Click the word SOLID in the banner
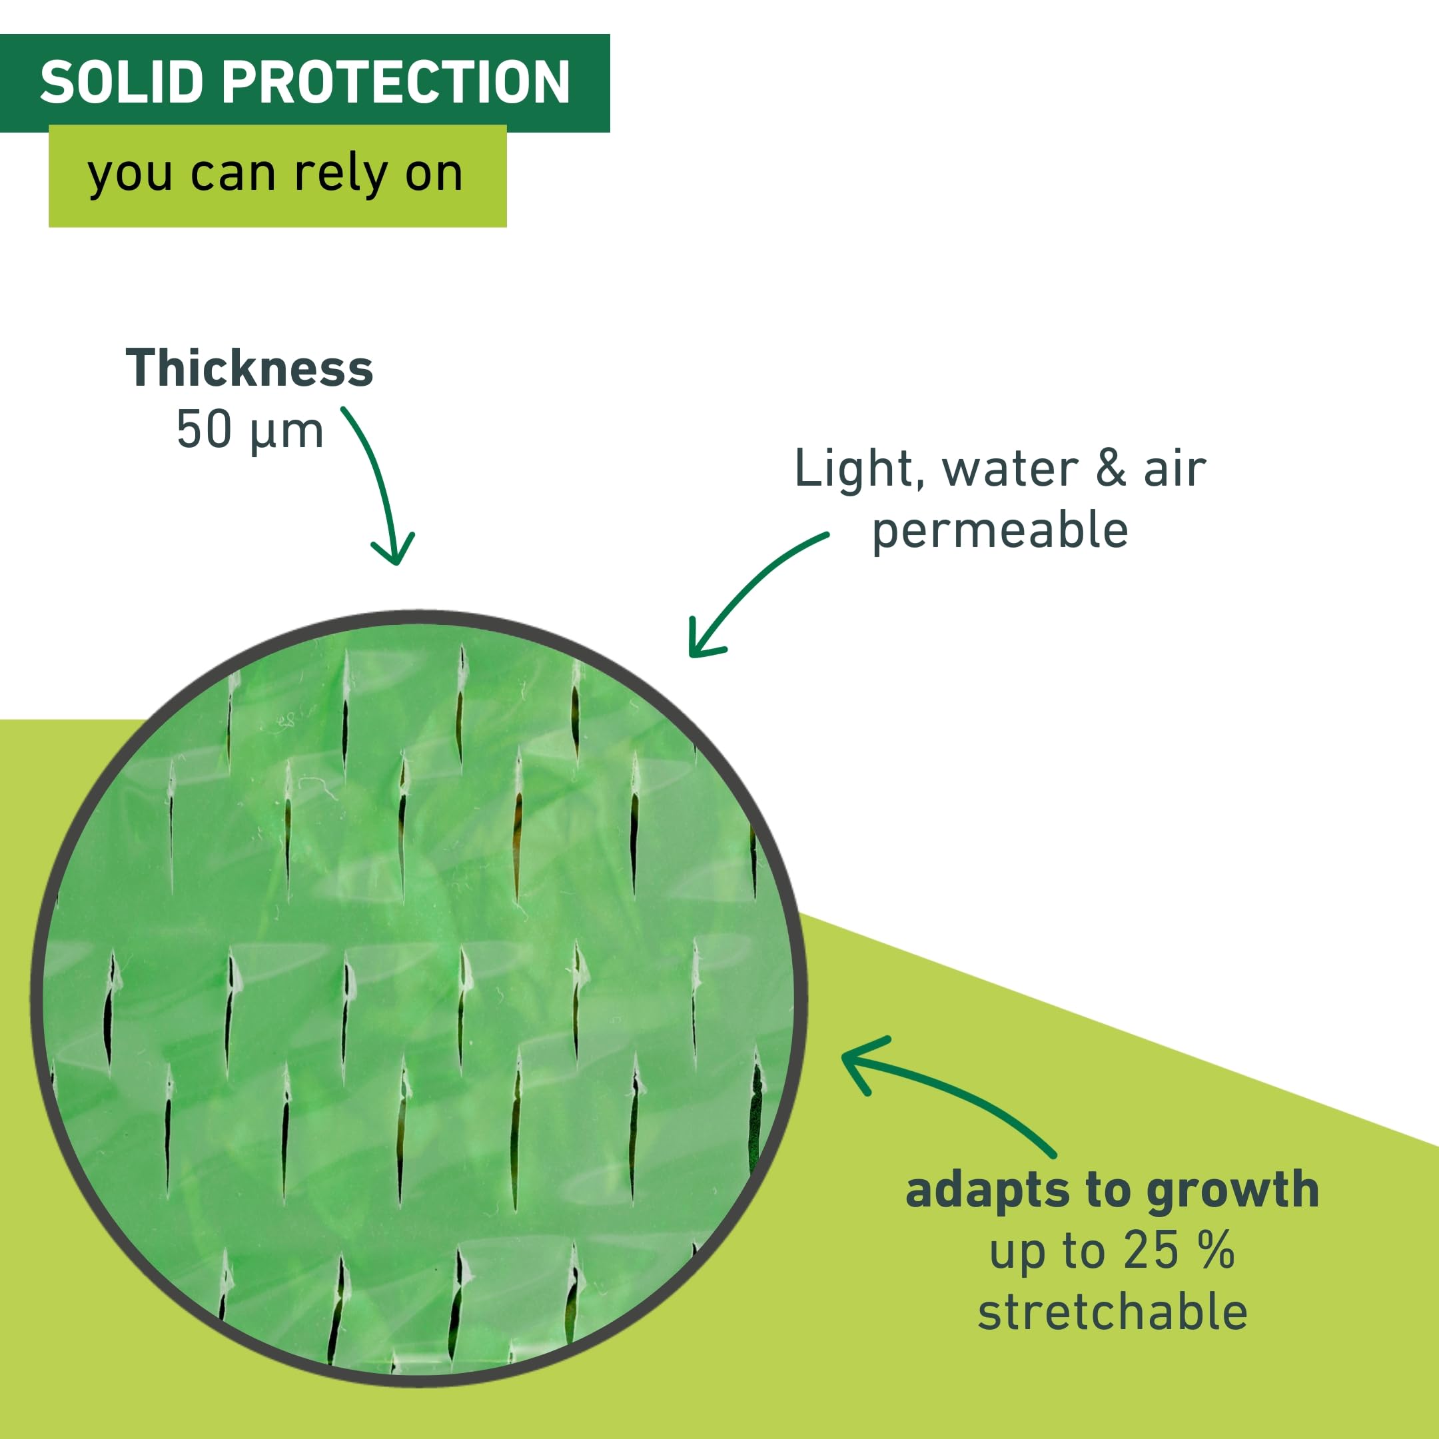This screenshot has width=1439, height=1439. click(x=121, y=82)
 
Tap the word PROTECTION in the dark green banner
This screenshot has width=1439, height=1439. click(x=396, y=82)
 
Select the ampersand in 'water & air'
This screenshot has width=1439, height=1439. click(x=1111, y=469)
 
